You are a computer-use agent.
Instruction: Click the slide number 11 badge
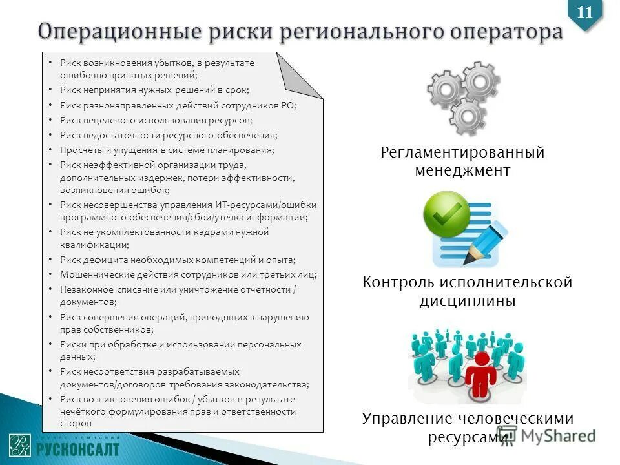(x=584, y=13)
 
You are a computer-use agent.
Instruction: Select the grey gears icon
(x=463, y=96)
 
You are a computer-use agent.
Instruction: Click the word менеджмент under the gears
(x=462, y=171)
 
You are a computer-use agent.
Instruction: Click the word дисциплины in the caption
(x=468, y=302)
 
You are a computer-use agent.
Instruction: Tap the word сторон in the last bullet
(x=76, y=423)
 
